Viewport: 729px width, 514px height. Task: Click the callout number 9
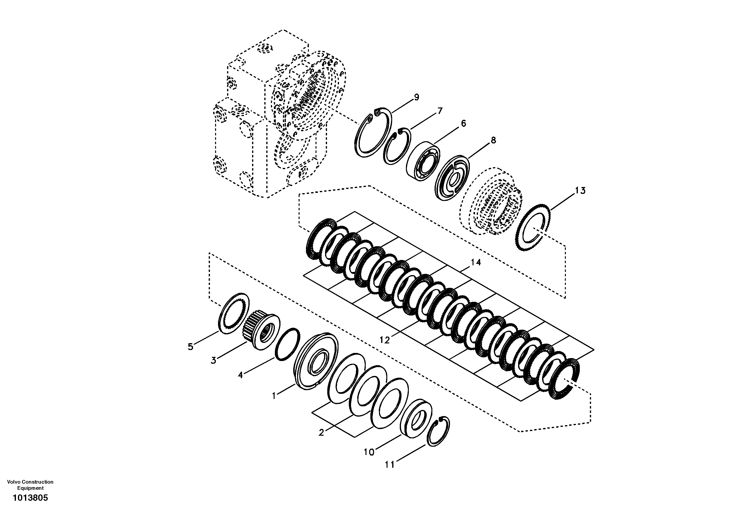(416, 97)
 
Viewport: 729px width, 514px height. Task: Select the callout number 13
(580, 191)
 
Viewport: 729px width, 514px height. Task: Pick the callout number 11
(389, 465)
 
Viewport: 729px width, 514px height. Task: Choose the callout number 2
(321, 432)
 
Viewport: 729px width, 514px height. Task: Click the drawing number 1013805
(30, 498)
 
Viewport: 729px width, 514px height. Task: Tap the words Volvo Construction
(30, 482)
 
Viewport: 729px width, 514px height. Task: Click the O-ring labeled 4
(287, 344)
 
